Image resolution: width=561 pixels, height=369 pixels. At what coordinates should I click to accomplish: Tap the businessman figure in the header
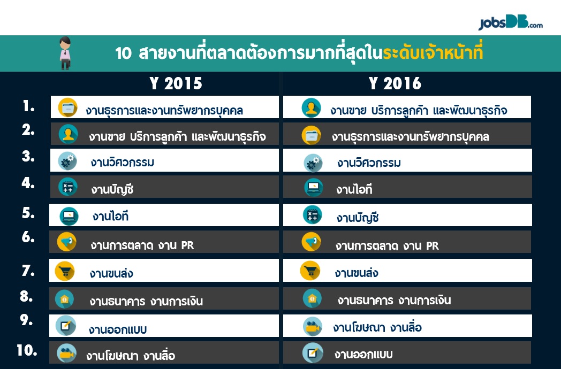point(65,53)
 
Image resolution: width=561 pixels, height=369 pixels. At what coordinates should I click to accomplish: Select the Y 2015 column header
point(176,83)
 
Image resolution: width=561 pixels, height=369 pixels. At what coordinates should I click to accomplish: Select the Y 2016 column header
point(395,83)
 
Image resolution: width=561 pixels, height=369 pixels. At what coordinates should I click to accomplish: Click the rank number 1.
point(28,106)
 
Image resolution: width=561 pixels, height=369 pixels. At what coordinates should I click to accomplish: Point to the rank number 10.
point(27,350)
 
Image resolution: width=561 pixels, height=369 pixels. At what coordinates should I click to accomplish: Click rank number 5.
point(28,213)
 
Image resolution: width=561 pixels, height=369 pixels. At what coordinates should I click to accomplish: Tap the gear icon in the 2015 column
point(67,162)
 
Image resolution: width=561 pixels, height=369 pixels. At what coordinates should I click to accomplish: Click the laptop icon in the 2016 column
point(313,187)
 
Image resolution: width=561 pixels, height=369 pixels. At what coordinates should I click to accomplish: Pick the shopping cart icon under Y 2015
point(65,271)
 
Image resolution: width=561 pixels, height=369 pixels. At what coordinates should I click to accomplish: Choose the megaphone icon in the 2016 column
point(311,242)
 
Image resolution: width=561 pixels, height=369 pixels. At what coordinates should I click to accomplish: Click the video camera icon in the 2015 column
point(66,353)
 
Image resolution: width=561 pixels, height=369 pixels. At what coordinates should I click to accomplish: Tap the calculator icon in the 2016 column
point(312,215)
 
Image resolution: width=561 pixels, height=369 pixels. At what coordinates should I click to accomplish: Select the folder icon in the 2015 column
point(67,107)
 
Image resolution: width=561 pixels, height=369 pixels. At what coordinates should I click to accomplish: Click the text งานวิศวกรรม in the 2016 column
point(369,163)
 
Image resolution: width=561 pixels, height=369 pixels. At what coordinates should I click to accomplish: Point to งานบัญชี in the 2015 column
point(112,189)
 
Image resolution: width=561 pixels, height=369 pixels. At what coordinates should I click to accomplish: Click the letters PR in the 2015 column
point(187,245)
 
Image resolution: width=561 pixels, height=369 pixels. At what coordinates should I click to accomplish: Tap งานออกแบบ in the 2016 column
point(363,355)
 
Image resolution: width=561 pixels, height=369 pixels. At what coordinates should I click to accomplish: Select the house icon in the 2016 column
point(312,298)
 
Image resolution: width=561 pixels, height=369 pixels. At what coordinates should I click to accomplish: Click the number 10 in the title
point(124,53)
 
